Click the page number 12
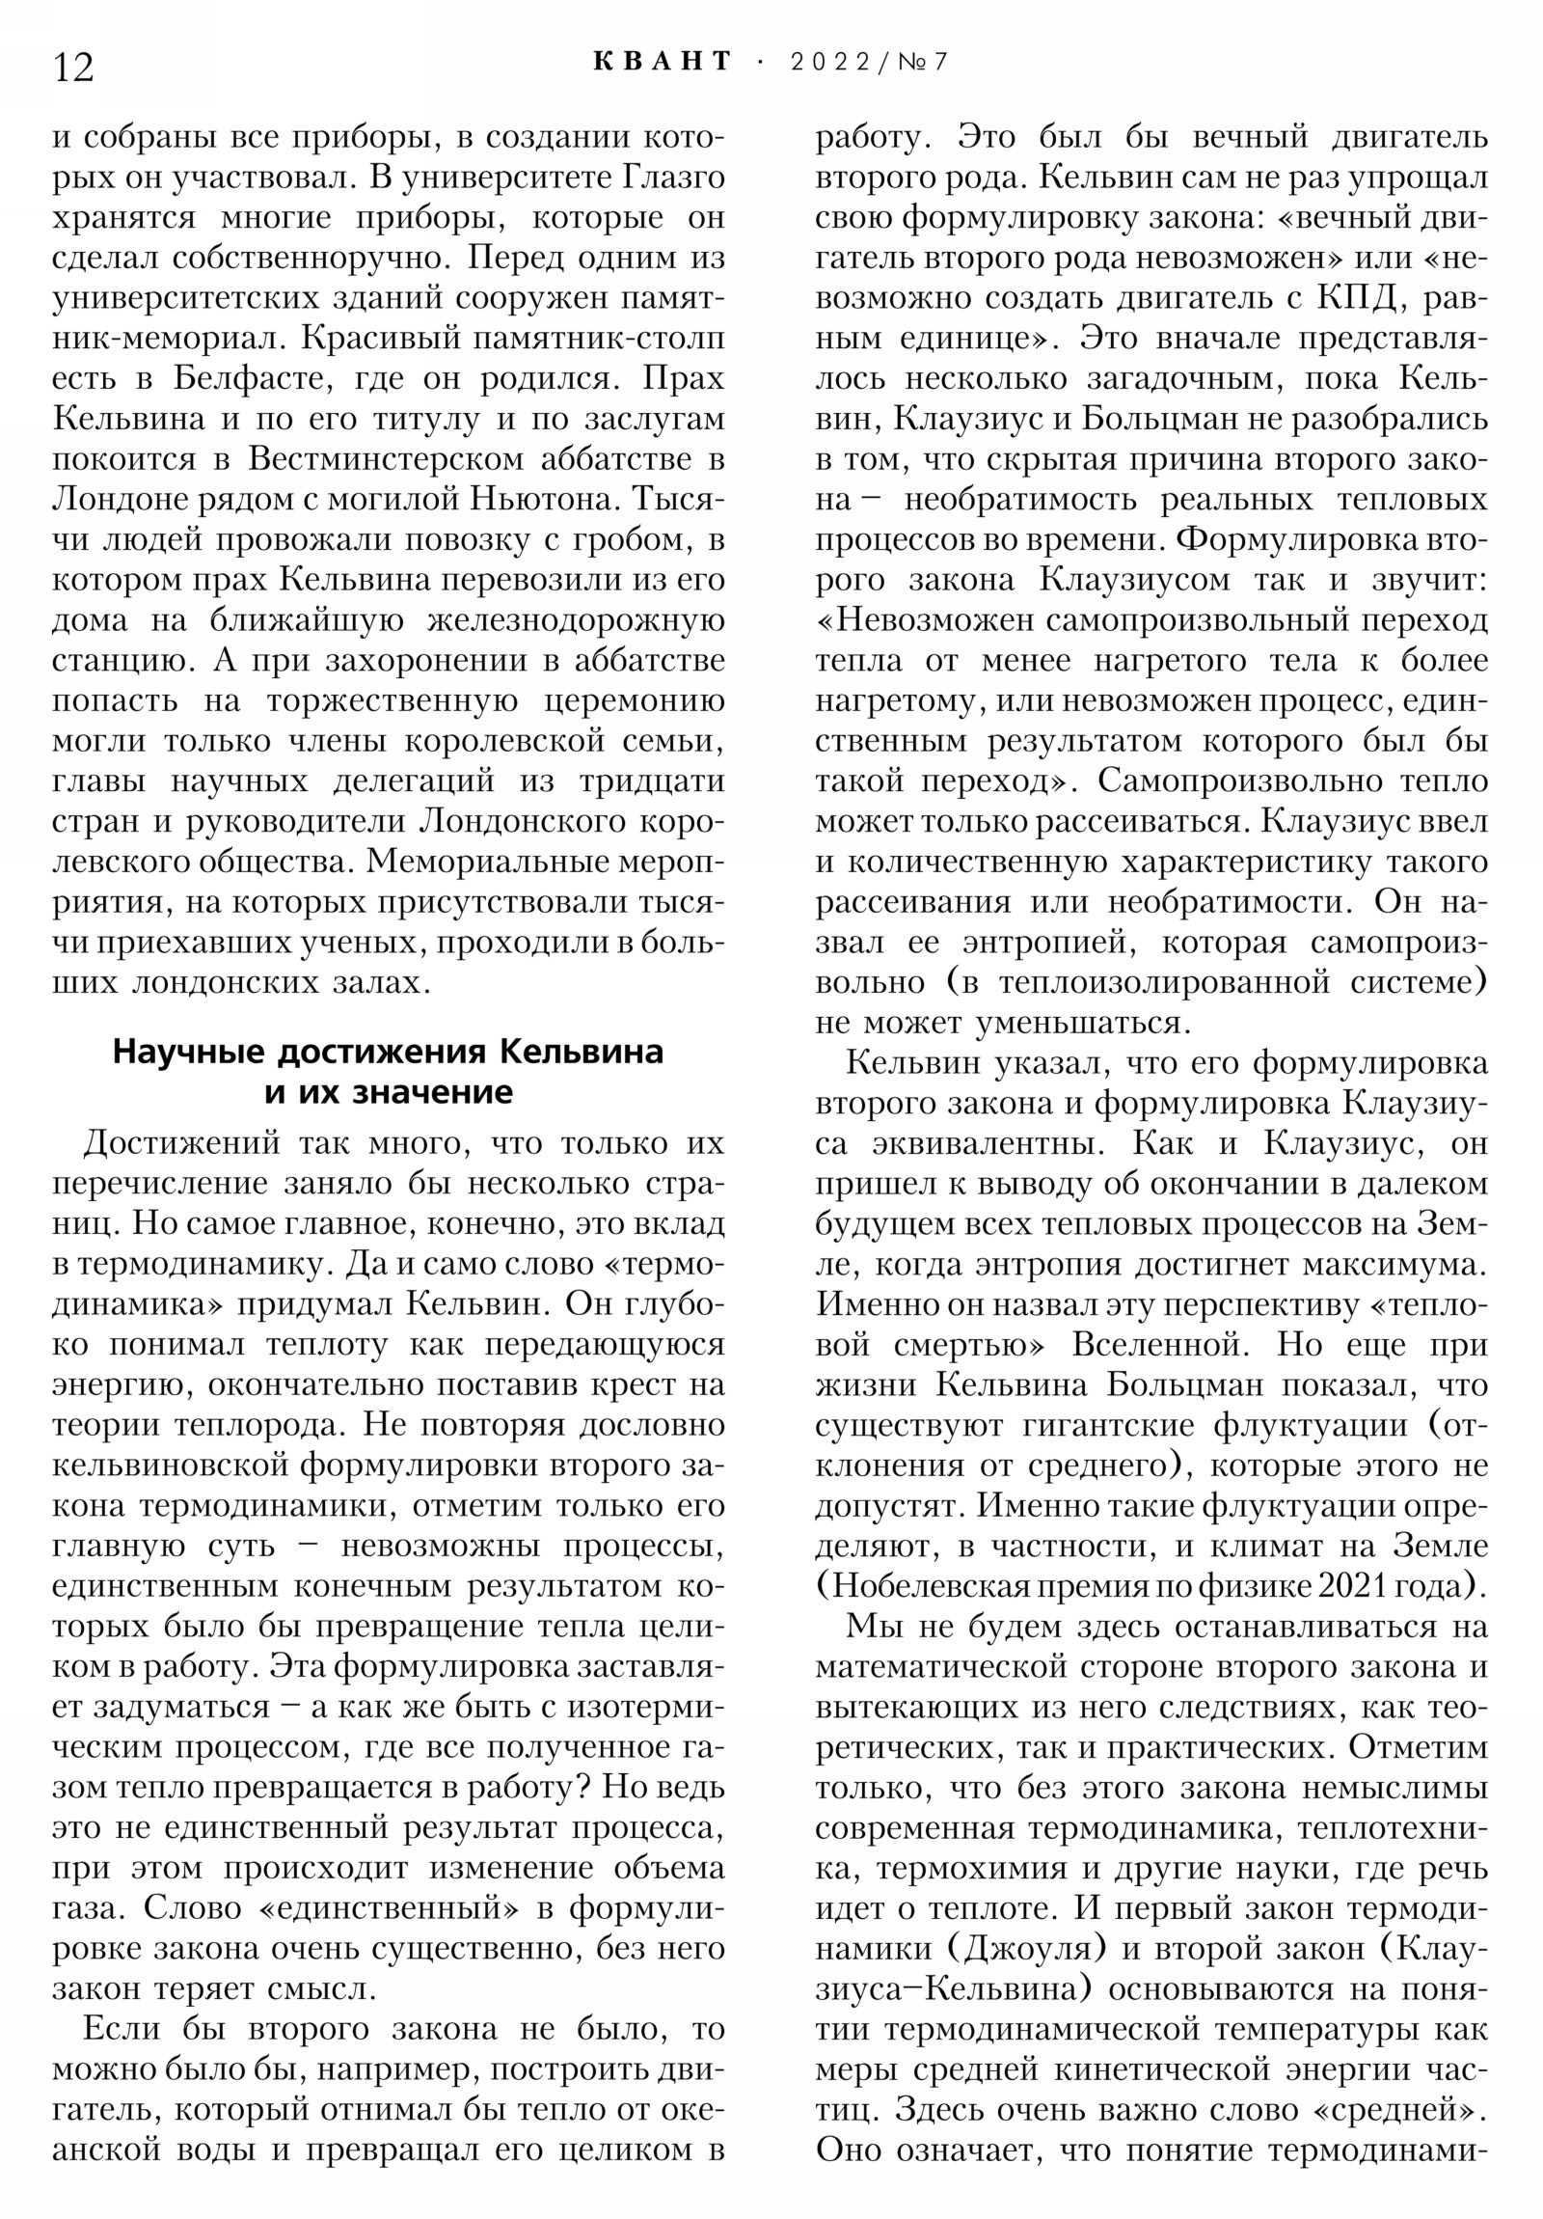click(x=73, y=68)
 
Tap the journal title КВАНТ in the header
click(x=663, y=62)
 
